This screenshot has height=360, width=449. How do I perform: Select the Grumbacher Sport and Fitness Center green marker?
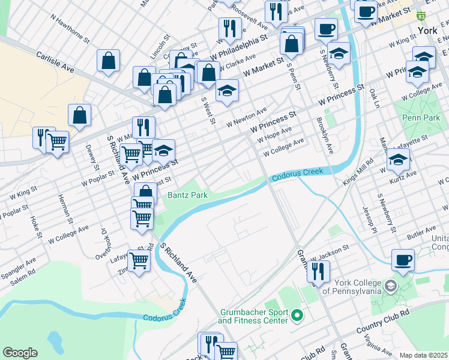point(297,314)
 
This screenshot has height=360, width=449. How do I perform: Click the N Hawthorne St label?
point(70,29)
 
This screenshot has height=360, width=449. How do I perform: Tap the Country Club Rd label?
point(382,322)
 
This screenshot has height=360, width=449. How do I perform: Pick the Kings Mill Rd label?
point(366,169)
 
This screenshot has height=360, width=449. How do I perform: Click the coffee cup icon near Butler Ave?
point(403,260)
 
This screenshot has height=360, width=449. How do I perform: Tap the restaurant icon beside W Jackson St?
point(318,271)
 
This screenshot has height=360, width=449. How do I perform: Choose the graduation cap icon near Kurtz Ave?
point(398,160)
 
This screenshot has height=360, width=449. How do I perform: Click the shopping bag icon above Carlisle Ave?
point(108,60)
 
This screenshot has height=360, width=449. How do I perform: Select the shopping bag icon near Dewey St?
point(79,115)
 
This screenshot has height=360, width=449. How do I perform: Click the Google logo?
point(20,353)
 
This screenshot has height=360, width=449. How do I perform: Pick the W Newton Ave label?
point(246,117)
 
